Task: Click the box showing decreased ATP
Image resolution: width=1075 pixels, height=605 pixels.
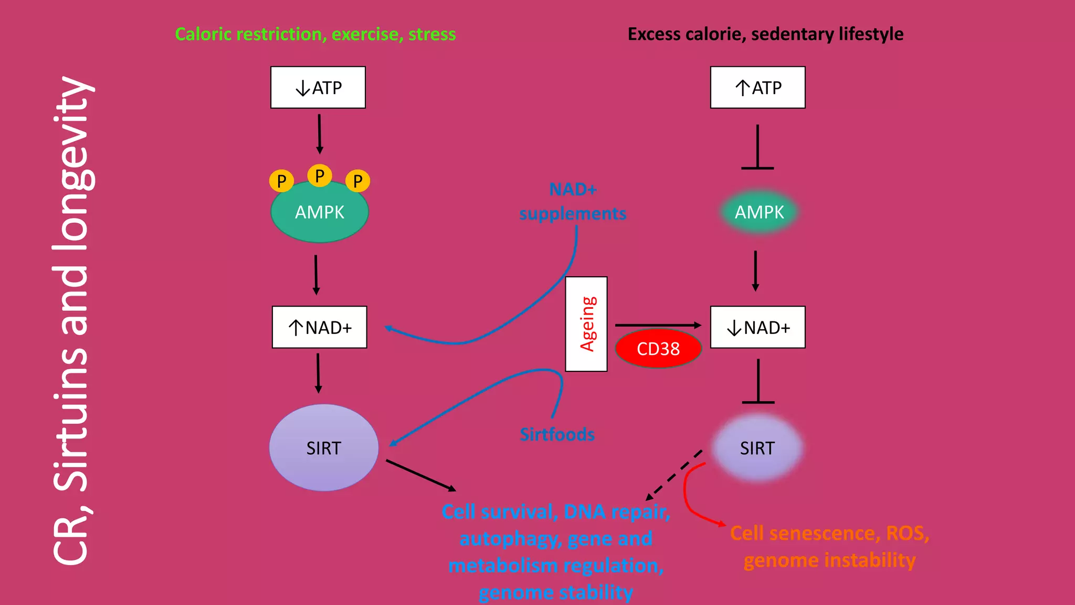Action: (x=318, y=87)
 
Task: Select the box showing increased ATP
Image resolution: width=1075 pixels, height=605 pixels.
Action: (x=757, y=87)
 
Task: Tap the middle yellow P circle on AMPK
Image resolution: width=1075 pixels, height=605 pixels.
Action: (x=319, y=175)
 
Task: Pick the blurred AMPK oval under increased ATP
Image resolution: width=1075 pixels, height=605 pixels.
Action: (x=759, y=212)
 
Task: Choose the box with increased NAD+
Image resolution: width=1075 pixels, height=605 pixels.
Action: (x=319, y=327)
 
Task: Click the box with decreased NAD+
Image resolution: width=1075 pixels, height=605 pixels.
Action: (x=757, y=327)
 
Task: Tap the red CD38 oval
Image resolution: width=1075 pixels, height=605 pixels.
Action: (x=658, y=348)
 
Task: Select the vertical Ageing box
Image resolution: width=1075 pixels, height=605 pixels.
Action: (x=586, y=324)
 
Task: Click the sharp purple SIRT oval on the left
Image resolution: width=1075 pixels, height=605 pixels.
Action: (x=323, y=448)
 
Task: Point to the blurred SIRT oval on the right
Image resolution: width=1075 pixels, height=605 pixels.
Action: (x=757, y=448)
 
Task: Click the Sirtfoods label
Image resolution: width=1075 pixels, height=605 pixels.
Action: (x=557, y=434)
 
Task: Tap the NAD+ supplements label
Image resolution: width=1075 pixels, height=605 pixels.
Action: (x=573, y=202)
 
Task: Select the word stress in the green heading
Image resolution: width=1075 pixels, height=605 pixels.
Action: (x=432, y=34)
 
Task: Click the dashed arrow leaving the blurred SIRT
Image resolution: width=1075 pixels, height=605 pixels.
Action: (x=674, y=475)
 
